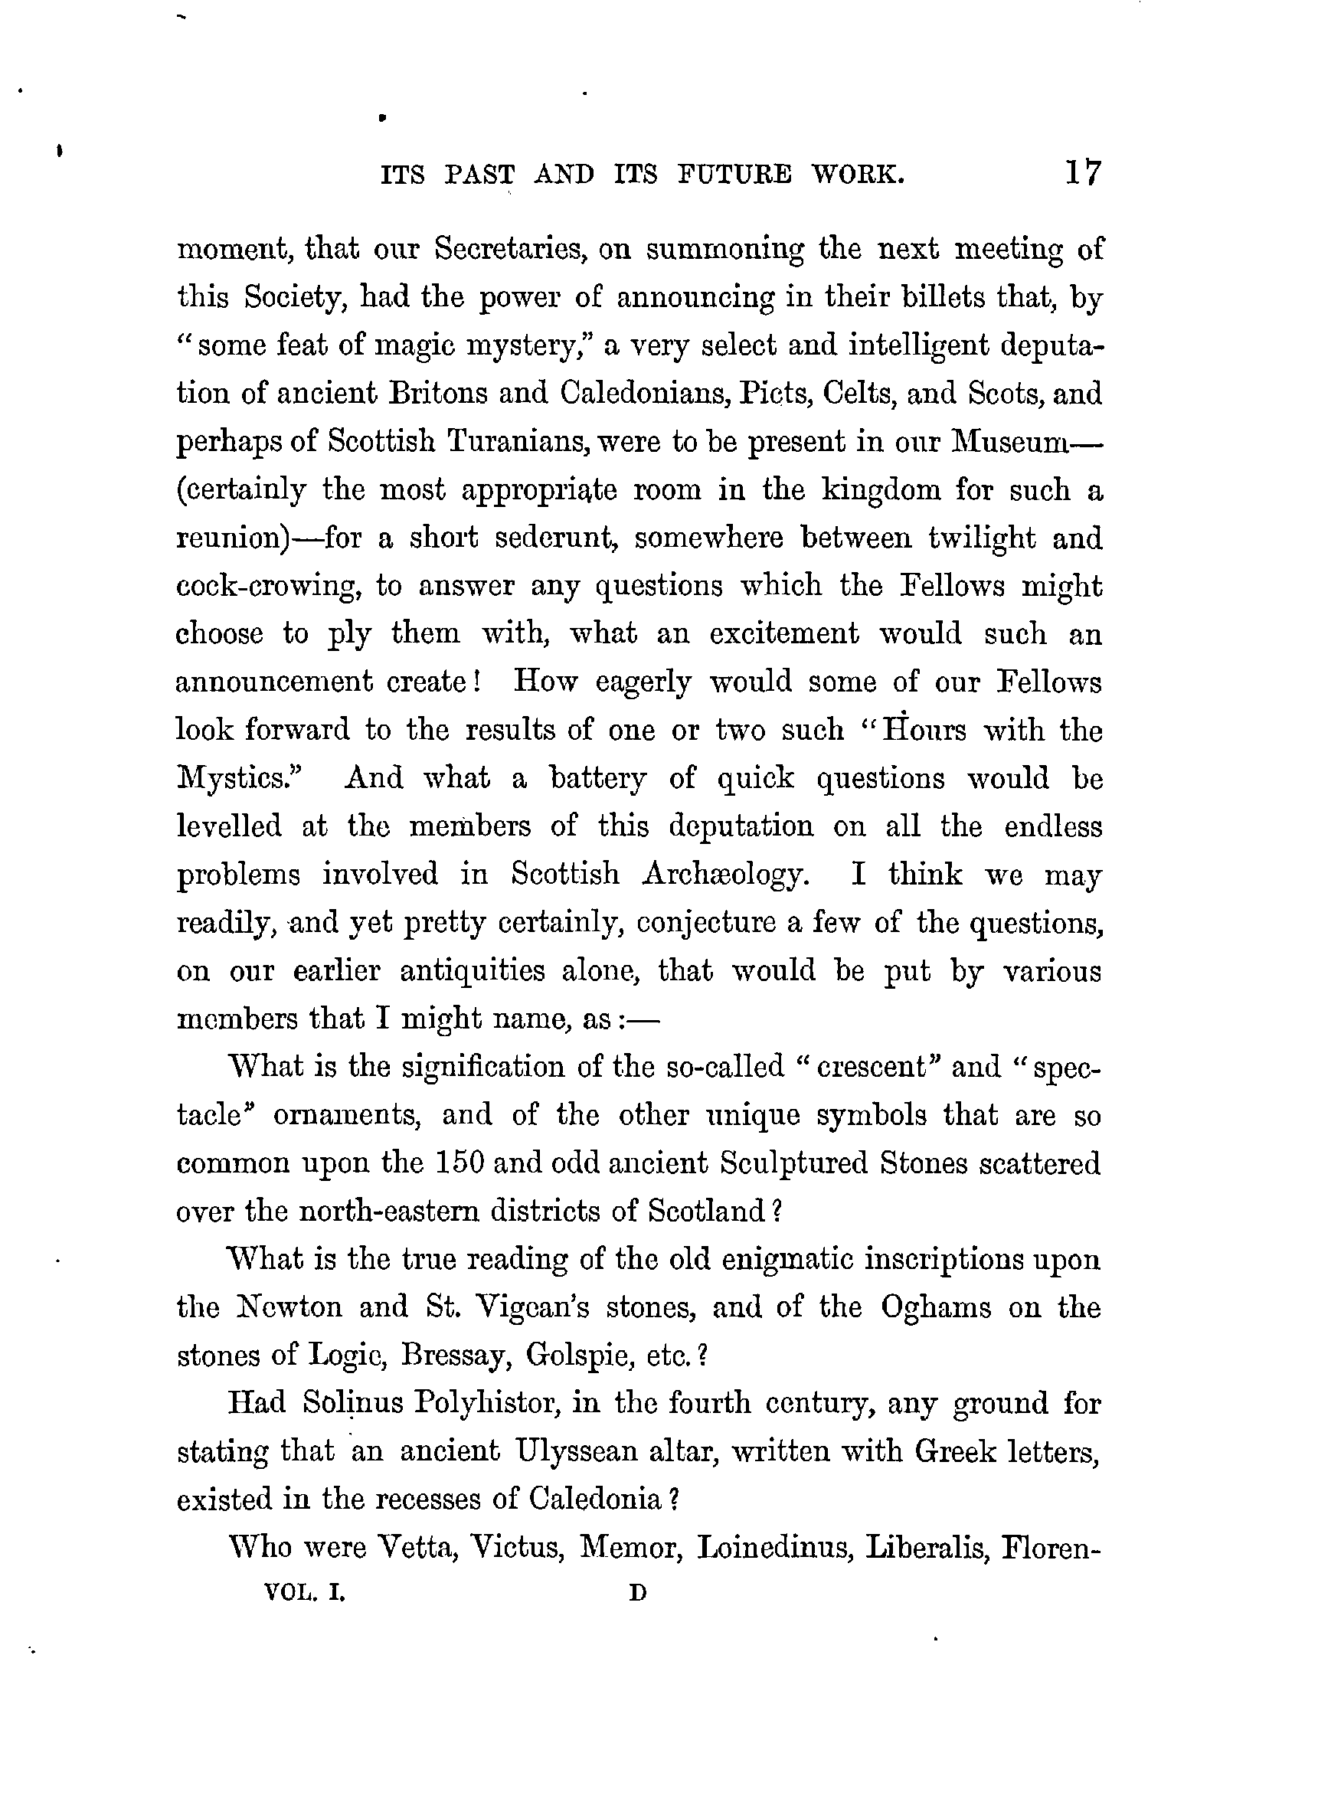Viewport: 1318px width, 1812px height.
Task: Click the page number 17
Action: (1082, 172)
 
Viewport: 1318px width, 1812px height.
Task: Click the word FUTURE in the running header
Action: (734, 174)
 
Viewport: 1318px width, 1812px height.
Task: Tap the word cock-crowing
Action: (267, 587)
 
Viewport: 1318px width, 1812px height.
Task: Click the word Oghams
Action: (936, 1308)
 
